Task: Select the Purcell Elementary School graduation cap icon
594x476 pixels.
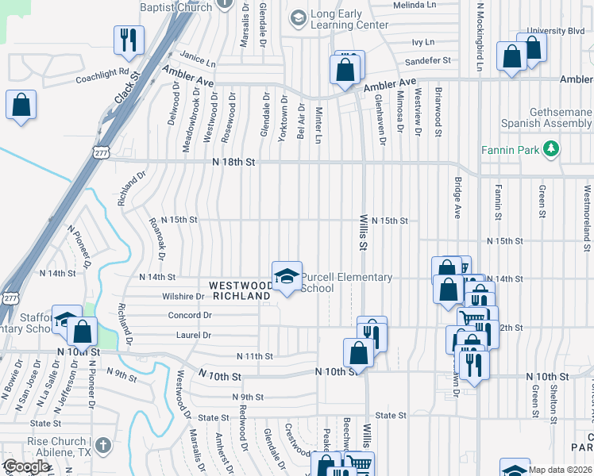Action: pos(287,276)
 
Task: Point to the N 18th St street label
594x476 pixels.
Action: pos(233,162)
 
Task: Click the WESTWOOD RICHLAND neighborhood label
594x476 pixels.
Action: pos(240,290)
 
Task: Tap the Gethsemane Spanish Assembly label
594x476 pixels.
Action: pos(546,118)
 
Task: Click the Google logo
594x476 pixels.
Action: pos(26,466)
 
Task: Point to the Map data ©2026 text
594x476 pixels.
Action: pos(559,470)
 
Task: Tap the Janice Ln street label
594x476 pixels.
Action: pos(198,61)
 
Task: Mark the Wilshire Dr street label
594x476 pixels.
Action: pos(183,297)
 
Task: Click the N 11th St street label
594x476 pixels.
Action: pos(254,357)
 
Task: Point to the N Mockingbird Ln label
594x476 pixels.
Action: pos(480,36)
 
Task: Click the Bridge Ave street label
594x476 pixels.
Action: pos(457,198)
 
